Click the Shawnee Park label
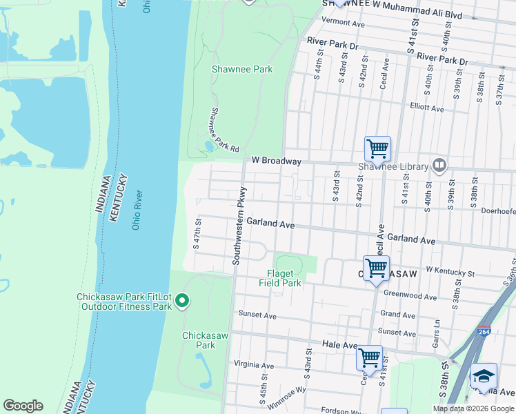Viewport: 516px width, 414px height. click(242, 69)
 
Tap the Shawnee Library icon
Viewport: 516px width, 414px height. click(439, 165)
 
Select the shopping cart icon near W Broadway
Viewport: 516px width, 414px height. click(377, 148)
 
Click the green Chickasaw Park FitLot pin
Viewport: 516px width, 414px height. click(182, 300)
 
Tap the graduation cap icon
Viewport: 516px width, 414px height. click(484, 376)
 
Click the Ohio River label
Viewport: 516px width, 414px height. click(136, 210)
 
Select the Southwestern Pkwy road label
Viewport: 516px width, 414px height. click(239, 226)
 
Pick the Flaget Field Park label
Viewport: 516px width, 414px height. click(280, 278)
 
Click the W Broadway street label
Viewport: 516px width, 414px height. click(276, 161)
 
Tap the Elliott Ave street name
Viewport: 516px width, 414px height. click(427, 108)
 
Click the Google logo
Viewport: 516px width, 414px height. click(23, 406)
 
